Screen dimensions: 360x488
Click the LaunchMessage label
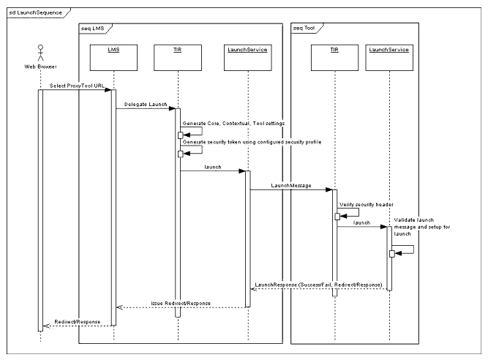pos(290,186)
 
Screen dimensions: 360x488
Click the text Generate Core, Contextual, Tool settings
pos(233,124)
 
